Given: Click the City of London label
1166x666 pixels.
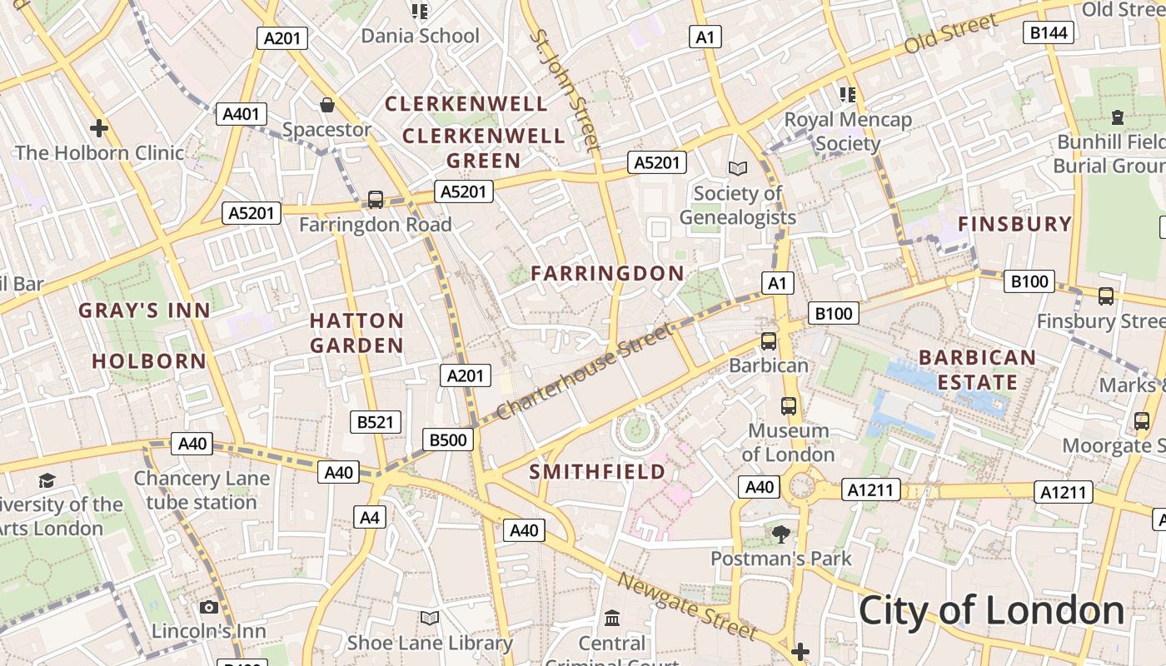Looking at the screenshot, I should coord(991,610).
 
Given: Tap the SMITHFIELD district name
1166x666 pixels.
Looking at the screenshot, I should coord(597,472).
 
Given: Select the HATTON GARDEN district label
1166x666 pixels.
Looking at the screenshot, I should coord(356,333).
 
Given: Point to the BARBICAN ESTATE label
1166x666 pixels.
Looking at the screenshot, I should coord(977,370).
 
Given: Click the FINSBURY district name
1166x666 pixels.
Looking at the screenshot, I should coord(1014,224).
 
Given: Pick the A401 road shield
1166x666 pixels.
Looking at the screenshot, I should coord(242,114).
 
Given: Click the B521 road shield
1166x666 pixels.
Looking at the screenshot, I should coord(375,422).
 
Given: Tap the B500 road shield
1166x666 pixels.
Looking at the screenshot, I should coord(448,440).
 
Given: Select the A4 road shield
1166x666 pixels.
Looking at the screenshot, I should coord(370,517).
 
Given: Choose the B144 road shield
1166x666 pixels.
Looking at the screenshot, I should coord(1048,32).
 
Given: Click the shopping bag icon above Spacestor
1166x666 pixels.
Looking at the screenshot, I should coord(327,105).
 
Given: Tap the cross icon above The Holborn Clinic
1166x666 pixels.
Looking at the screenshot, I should coord(99,128).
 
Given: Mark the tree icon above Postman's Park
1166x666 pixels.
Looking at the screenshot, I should coord(780,534).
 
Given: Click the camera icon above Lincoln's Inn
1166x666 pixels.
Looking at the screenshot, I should coord(209,607).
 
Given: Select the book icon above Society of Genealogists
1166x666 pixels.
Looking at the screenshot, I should coord(737,168).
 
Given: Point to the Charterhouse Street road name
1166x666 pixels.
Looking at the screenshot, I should coord(583,372).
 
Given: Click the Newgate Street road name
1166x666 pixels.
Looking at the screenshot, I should coord(688,607).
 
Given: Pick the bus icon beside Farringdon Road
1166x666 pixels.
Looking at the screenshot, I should coord(376,200).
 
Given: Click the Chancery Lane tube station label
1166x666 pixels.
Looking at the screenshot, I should coord(202,490).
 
